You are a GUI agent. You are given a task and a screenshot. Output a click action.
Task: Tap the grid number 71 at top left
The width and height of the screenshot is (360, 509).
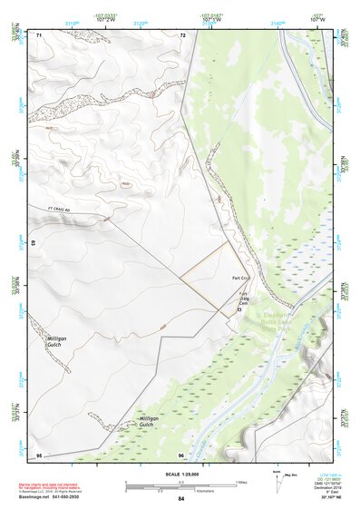click(x=40, y=34)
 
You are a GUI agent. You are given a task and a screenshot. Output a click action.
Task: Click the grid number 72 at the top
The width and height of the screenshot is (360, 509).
click(x=183, y=34)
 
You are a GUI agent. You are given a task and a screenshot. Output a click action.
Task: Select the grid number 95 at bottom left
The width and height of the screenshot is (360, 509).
click(x=39, y=454)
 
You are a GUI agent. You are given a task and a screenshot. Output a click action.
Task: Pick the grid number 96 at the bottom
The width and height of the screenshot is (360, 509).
click(x=181, y=454)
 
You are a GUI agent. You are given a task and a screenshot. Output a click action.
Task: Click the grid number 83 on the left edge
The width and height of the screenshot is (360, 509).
click(x=34, y=244)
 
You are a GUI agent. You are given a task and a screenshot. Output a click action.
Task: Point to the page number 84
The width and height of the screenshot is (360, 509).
click(x=181, y=499)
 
